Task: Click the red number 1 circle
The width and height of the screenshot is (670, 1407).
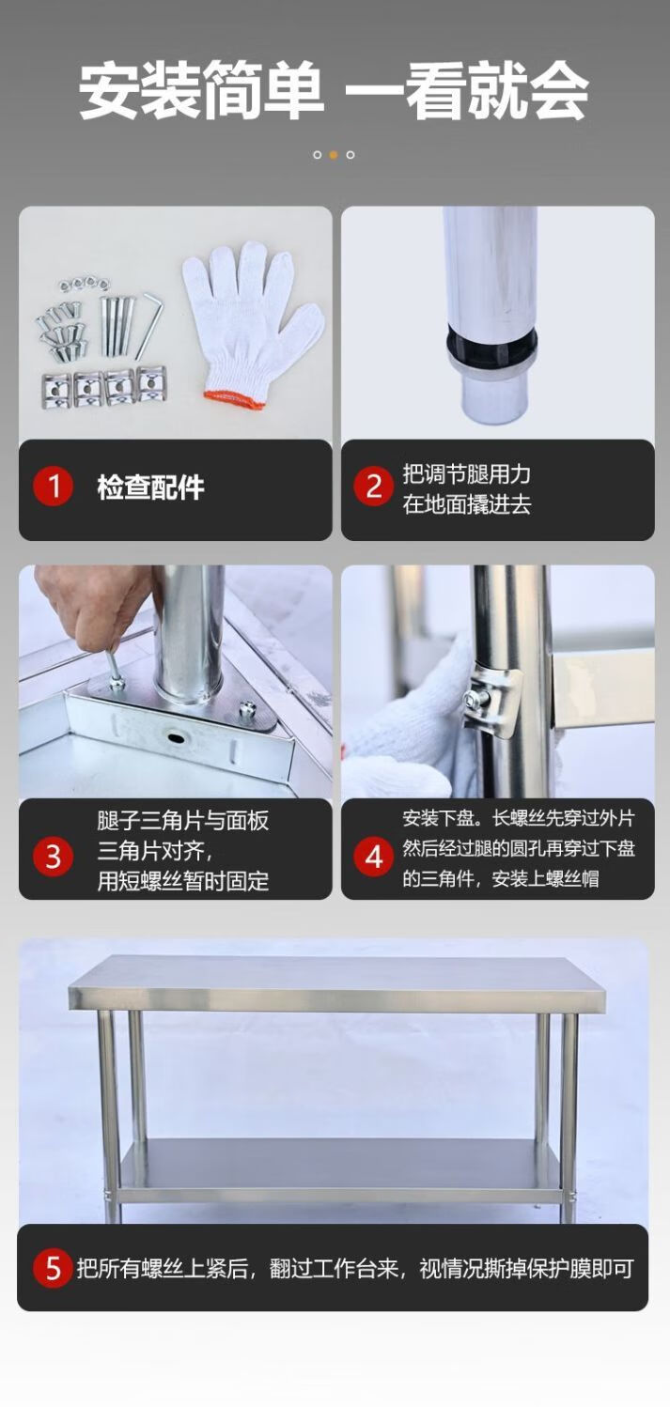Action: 54,487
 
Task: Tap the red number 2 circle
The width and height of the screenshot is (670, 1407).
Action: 374,487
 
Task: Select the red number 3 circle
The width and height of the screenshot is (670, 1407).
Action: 54,858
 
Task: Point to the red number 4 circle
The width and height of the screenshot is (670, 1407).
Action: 374,858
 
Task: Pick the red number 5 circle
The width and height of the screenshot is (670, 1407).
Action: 54,1268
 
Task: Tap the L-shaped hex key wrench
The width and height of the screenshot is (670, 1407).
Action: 149,327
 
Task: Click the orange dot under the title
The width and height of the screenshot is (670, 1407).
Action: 334,155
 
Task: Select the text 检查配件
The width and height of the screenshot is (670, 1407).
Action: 151,487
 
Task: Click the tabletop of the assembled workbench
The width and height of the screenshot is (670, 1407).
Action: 337,983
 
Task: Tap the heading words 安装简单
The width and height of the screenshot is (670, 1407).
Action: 201,91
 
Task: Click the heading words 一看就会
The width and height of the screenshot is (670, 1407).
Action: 466,91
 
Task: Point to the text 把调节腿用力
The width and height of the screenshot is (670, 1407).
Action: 467,473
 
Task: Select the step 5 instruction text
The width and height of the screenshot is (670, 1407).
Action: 355,1268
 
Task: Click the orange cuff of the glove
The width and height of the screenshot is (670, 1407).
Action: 228,397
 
